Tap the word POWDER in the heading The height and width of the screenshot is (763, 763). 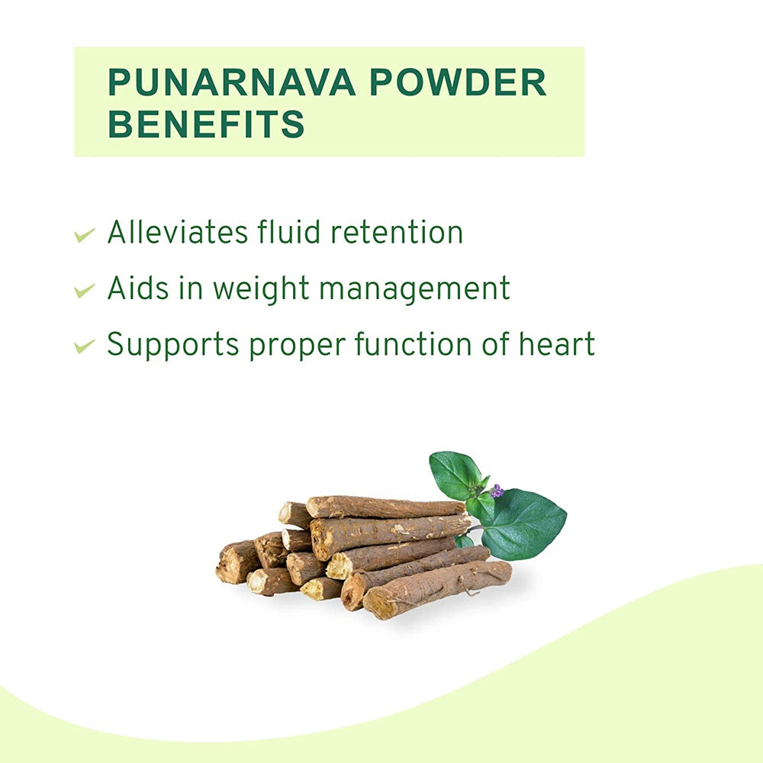pos(459,82)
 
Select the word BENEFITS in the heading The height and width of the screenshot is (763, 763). pos(206,124)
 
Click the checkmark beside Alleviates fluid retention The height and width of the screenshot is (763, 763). pos(84,234)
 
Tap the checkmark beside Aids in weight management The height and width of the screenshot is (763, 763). pos(84,290)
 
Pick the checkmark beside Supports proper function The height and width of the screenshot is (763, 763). pos(84,346)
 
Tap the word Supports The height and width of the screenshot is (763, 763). pos(172,346)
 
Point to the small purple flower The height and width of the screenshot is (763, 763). pos(497,491)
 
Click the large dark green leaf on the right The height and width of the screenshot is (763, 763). pos(525,523)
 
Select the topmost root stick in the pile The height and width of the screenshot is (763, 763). pos(385,507)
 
